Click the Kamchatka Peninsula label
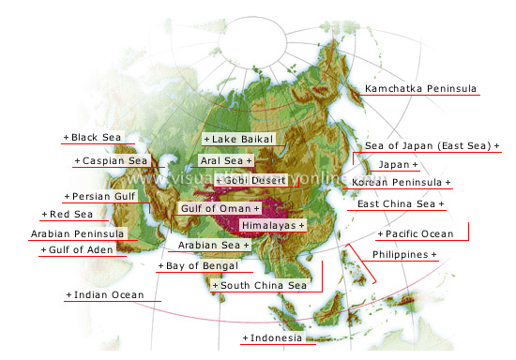pyautogui.click(x=420, y=89)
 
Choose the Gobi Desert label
pyautogui.click(x=252, y=179)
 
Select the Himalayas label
pyautogui.click(x=271, y=226)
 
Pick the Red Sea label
pyautogui.click(x=59, y=215)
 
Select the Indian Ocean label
pyautogui.click(x=107, y=295)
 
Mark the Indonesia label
pyautogui.click(x=276, y=337)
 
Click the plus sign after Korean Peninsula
pyautogui.click(x=448, y=182)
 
